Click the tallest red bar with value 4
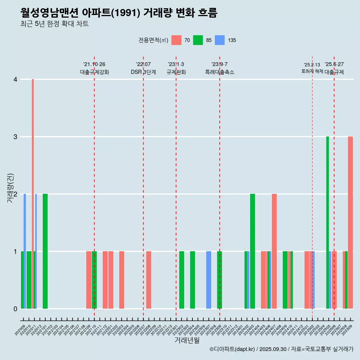pyautogui.click(x=33, y=194)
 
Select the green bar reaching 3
pyautogui.click(x=327, y=222)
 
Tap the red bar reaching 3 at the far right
pyautogui.click(x=350, y=222)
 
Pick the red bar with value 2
pyautogui.click(x=274, y=251)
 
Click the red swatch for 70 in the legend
pyautogui.click(x=176, y=40)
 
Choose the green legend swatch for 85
pyautogui.click(x=198, y=40)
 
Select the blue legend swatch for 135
pyautogui.click(x=220, y=40)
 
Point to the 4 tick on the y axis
pyautogui.click(x=15, y=79)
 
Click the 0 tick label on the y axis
pyautogui.click(x=15, y=309)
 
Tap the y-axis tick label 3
pyautogui.click(x=15, y=137)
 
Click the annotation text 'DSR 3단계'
pyautogui.click(x=143, y=72)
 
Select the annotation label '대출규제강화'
pyautogui.click(x=94, y=72)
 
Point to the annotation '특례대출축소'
pyautogui.click(x=220, y=72)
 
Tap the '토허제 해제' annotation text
pyautogui.click(x=312, y=71)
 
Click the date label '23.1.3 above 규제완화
pyautogui.click(x=176, y=64)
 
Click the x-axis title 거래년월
pyautogui.click(x=187, y=340)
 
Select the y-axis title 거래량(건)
pyautogui.click(x=10, y=187)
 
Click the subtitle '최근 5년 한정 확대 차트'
pyautogui.click(x=54, y=24)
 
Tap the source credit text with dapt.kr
pyautogui.click(x=281, y=349)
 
